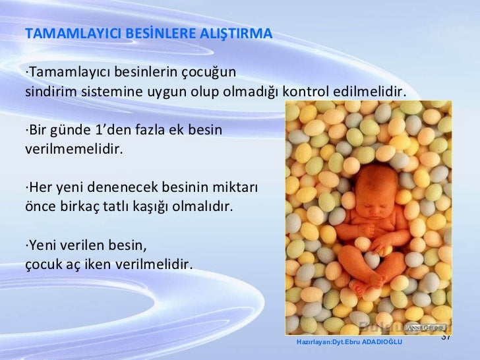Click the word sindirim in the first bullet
point(50,90)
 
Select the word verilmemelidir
point(73,148)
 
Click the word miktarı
point(235,187)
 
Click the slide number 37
point(446,337)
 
